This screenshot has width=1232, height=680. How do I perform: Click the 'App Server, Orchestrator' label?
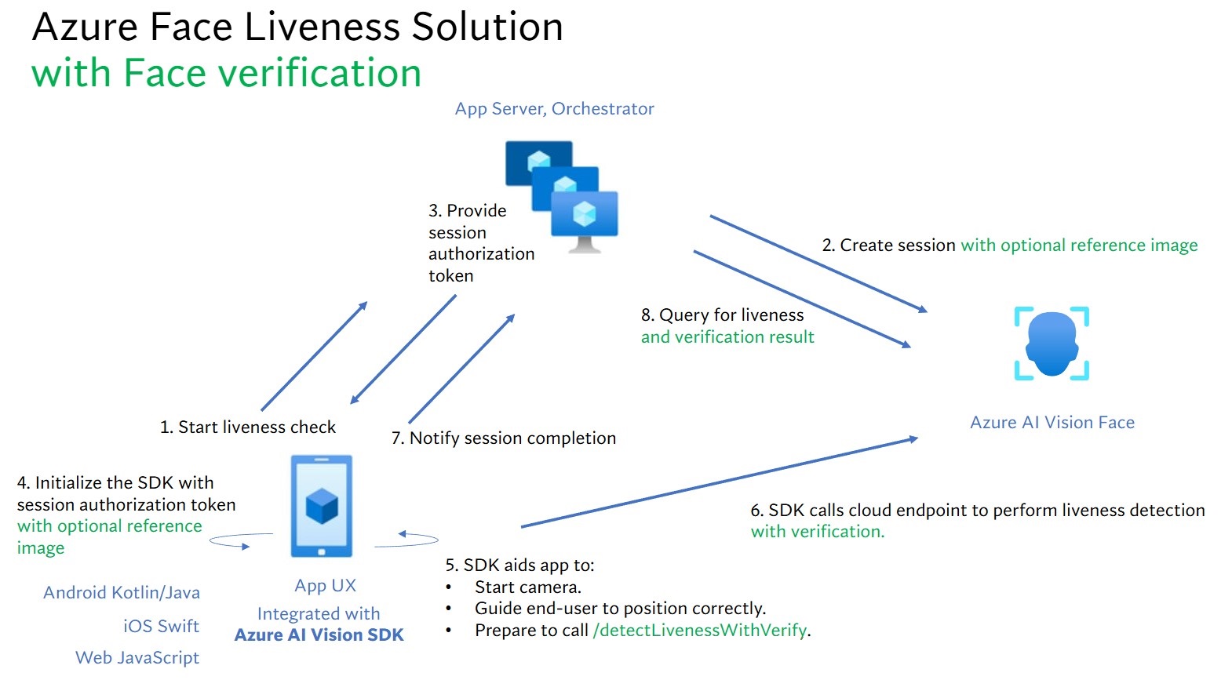click(x=554, y=109)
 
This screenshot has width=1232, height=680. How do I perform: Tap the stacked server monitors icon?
click(x=562, y=197)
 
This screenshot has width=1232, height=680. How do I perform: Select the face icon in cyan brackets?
click(x=1052, y=344)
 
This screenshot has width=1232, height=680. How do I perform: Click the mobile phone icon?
click(x=322, y=507)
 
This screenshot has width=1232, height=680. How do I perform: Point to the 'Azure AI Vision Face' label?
click(x=1052, y=422)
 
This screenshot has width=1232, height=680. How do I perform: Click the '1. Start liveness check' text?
click(x=247, y=427)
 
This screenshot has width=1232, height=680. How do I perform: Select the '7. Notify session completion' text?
click(x=504, y=438)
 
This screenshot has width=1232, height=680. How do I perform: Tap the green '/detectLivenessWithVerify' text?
click(x=700, y=630)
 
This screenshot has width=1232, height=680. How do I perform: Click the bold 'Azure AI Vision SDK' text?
click(x=319, y=635)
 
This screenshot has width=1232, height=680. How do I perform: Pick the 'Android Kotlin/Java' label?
click(x=122, y=593)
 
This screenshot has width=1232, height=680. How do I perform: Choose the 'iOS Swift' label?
click(x=161, y=626)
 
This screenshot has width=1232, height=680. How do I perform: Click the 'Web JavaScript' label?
click(x=137, y=657)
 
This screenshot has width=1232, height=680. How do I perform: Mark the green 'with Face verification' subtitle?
click(x=227, y=73)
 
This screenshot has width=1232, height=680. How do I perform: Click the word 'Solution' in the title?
click(x=487, y=27)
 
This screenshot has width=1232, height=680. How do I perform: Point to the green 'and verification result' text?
click(x=727, y=337)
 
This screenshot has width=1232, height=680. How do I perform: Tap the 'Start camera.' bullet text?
click(x=528, y=587)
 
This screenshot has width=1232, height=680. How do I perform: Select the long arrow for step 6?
click(x=720, y=482)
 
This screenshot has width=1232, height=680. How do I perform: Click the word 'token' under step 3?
click(x=451, y=276)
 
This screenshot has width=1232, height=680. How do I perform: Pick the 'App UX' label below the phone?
click(x=325, y=585)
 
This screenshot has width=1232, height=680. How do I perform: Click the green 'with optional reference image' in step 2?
click(x=1079, y=245)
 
